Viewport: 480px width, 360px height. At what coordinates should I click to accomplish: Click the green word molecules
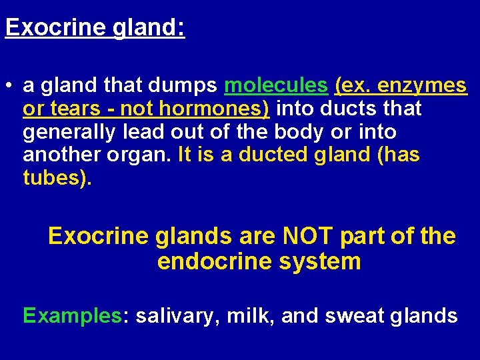[277, 86]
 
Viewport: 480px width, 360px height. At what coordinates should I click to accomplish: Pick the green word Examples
[72, 315]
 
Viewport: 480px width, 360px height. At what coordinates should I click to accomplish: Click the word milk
[247, 315]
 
